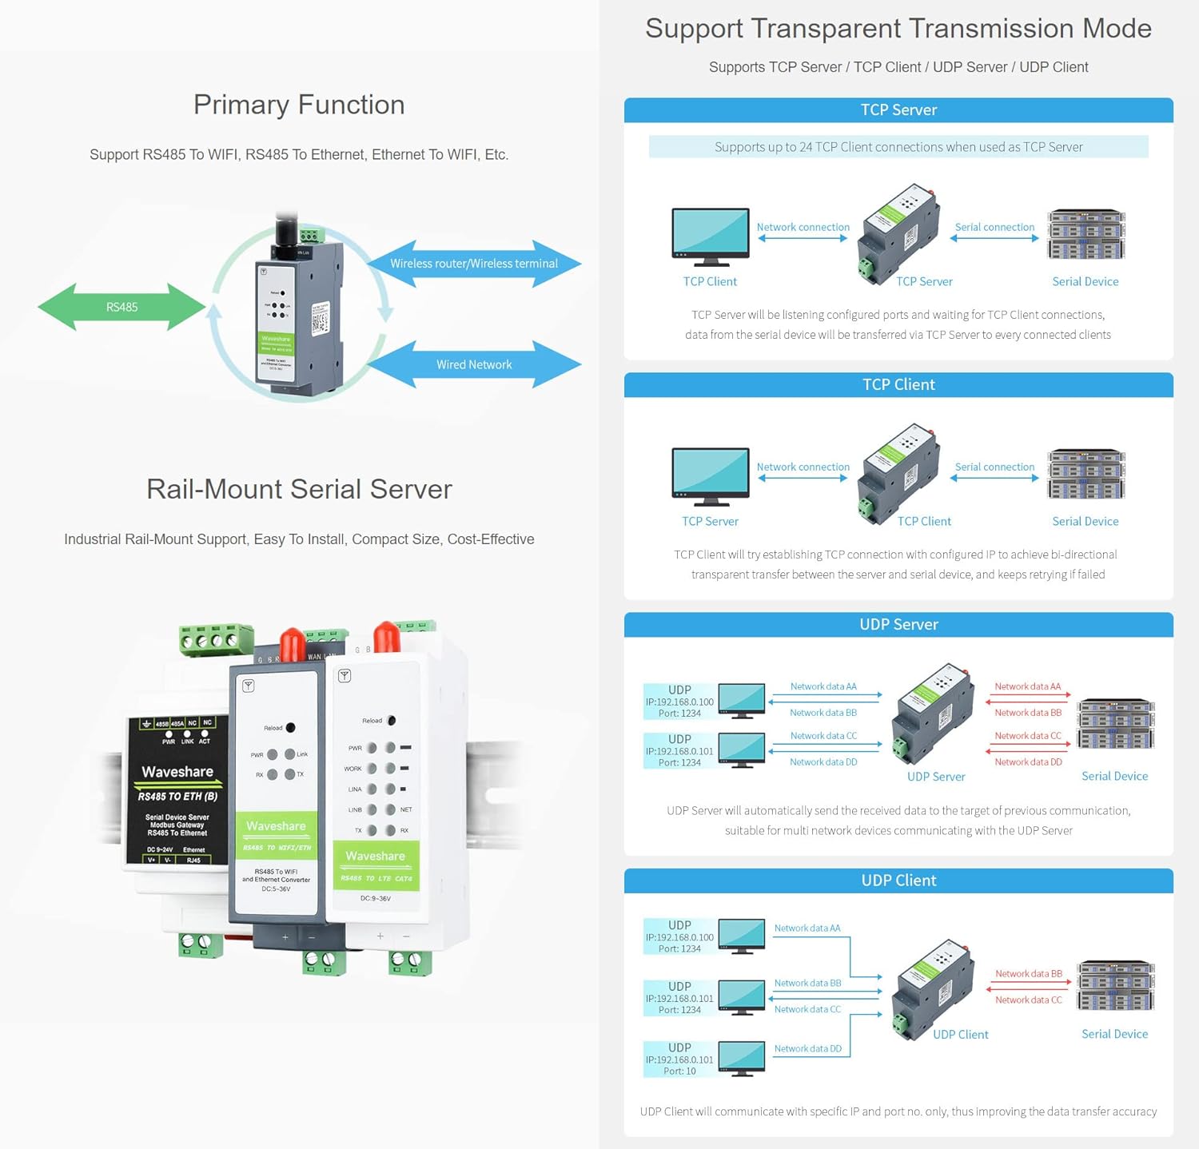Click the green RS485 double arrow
(121, 307)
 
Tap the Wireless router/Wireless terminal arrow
(474, 264)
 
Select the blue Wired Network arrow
(474, 364)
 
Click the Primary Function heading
(299, 105)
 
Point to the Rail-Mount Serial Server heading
(299, 489)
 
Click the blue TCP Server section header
(898, 110)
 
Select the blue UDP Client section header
(898, 881)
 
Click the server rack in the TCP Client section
(1085, 475)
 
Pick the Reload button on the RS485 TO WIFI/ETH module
(290, 727)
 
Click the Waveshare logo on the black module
(177, 772)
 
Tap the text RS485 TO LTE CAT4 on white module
(376, 878)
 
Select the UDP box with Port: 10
(679, 1060)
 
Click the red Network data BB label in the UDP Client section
(1028, 974)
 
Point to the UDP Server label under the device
(936, 777)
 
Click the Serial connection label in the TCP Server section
(994, 227)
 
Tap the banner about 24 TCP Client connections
(898, 147)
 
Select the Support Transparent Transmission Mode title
(898, 29)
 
